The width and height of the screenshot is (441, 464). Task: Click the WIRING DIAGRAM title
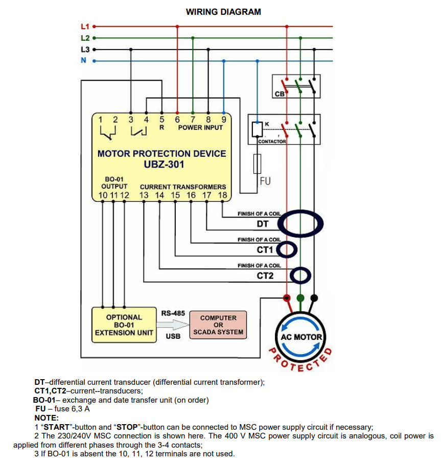(x=223, y=12)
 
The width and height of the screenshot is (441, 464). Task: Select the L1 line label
(x=85, y=26)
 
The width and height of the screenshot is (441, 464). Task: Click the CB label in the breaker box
(x=280, y=94)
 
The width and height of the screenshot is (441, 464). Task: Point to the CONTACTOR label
(x=272, y=142)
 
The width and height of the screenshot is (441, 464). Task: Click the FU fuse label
(x=266, y=181)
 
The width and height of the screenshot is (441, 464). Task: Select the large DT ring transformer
(x=304, y=223)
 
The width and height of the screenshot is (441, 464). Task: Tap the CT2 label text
(x=265, y=276)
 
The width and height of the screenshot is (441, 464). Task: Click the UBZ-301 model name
(x=161, y=165)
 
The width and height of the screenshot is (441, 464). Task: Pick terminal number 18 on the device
(x=222, y=195)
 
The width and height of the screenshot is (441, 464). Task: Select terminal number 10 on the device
(x=103, y=195)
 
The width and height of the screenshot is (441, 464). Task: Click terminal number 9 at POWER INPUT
(x=223, y=119)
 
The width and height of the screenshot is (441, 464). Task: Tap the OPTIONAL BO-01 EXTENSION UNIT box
(x=124, y=325)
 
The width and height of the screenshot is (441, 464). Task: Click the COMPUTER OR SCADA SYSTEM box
(x=218, y=325)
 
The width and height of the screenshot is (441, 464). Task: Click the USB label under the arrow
(x=173, y=337)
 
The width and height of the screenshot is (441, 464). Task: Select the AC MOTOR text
(x=301, y=337)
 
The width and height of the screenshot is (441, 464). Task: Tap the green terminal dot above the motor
(x=300, y=297)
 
